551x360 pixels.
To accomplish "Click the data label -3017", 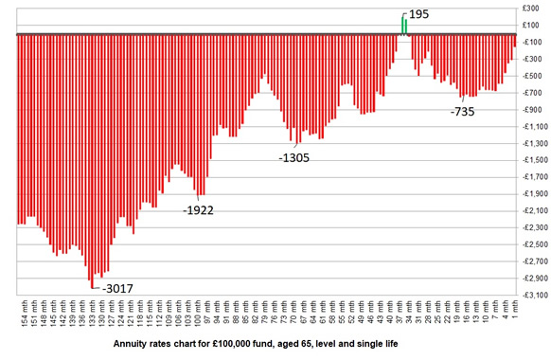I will [119, 288].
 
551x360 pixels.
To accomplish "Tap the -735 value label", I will [463, 112].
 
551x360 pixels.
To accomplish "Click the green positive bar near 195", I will [403, 26].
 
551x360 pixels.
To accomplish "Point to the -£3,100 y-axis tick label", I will [530, 295].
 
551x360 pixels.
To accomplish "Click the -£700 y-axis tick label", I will [530, 93].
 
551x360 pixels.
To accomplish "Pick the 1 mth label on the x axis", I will [513, 315].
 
